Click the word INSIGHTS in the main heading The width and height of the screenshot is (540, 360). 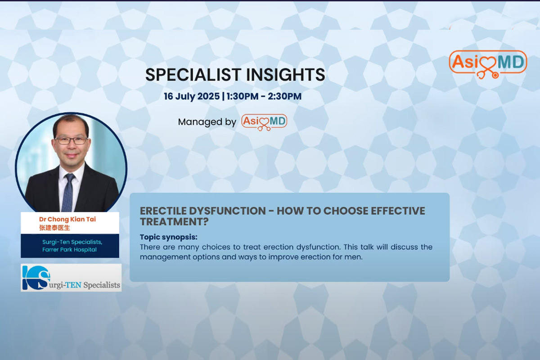[x=285, y=75]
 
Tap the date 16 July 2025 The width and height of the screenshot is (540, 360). [x=192, y=96]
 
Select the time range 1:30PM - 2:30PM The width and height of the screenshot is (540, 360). [x=264, y=96]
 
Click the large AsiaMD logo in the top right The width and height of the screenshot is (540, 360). [x=488, y=64]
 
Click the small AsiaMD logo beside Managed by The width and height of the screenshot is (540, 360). [x=264, y=122]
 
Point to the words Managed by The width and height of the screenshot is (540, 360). [x=207, y=122]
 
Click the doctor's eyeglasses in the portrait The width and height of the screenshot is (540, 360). [x=72, y=140]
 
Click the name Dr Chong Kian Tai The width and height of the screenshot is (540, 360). [x=67, y=219]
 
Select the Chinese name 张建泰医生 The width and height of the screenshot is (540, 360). [x=54, y=228]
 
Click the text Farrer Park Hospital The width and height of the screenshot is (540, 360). [x=69, y=250]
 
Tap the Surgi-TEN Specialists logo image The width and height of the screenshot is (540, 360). [x=71, y=278]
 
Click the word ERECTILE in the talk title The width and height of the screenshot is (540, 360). [x=163, y=211]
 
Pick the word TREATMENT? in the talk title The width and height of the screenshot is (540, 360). [x=174, y=221]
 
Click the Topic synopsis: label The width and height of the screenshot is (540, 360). [x=168, y=237]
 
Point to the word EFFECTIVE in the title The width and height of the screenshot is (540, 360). [x=398, y=211]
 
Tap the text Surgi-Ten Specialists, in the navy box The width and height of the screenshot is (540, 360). [x=72, y=242]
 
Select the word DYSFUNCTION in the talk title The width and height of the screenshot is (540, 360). [x=227, y=211]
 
